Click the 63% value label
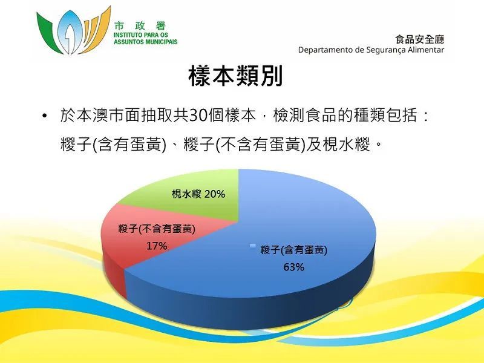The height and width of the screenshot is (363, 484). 294,267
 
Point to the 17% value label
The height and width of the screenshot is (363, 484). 157,246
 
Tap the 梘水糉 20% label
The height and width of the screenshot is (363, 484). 198,194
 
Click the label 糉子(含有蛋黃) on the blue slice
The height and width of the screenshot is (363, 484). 294,250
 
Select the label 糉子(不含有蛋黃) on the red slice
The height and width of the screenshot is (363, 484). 157,229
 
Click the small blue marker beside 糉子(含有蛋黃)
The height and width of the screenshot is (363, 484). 253,246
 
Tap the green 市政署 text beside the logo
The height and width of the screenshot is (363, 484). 140,26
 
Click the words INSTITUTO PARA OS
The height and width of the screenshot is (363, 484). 141,35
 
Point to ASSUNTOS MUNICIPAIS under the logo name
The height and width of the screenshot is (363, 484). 146,42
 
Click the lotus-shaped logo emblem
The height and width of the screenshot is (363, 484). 73,31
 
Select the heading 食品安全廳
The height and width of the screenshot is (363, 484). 419,39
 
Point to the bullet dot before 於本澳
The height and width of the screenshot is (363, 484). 45,116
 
